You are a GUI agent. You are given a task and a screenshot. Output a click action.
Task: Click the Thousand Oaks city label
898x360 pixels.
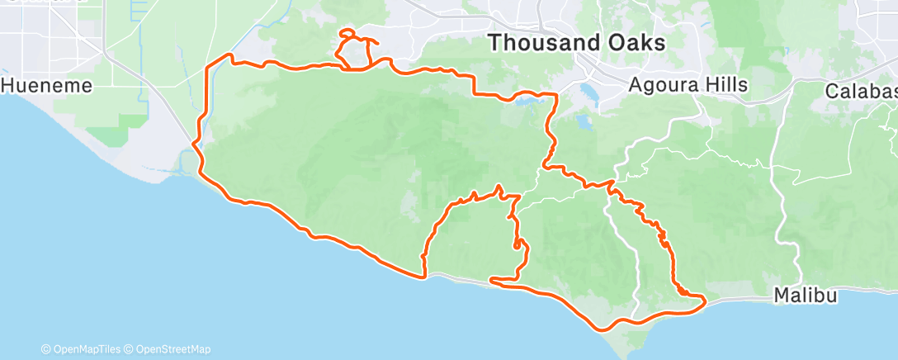coord(576,43)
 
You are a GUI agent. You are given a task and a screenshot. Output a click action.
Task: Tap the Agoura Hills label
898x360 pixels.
coord(688,84)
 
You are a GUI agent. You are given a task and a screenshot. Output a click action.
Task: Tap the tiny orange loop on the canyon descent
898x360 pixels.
coord(518,244)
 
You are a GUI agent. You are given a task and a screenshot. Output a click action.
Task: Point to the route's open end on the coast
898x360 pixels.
coord(492,280)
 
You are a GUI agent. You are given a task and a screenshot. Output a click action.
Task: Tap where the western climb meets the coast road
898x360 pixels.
coord(425,277)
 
